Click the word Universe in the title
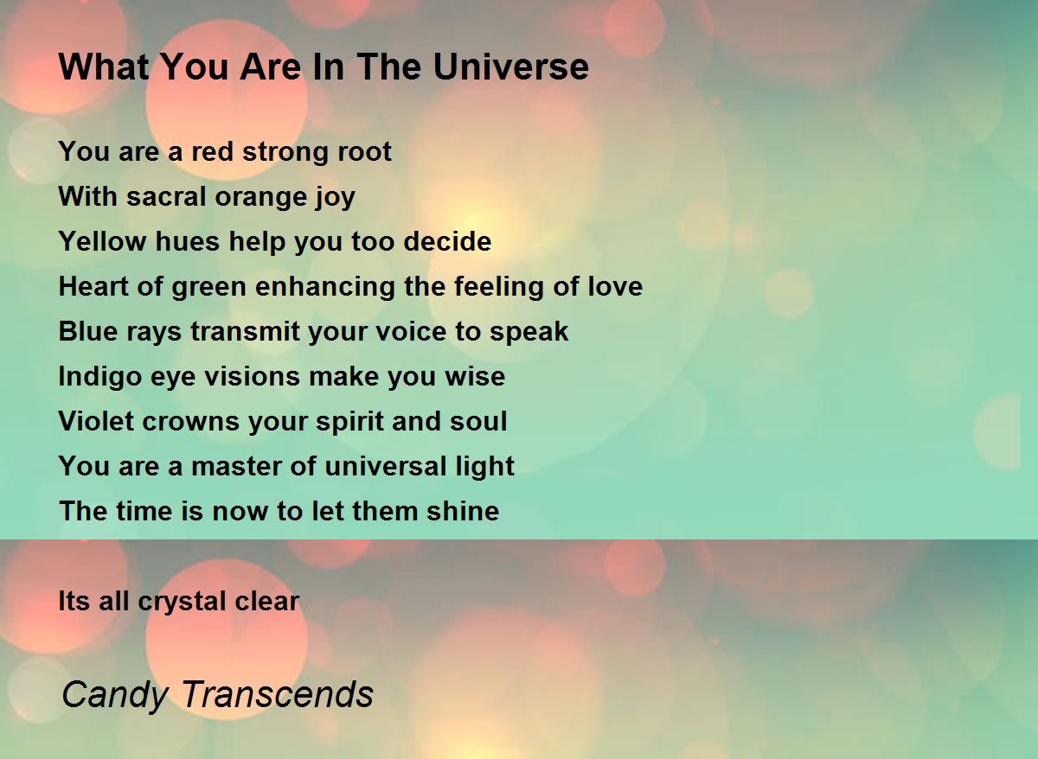(510, 67)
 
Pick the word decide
(447, 241)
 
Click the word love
(615, 286)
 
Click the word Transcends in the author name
(278, 694)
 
